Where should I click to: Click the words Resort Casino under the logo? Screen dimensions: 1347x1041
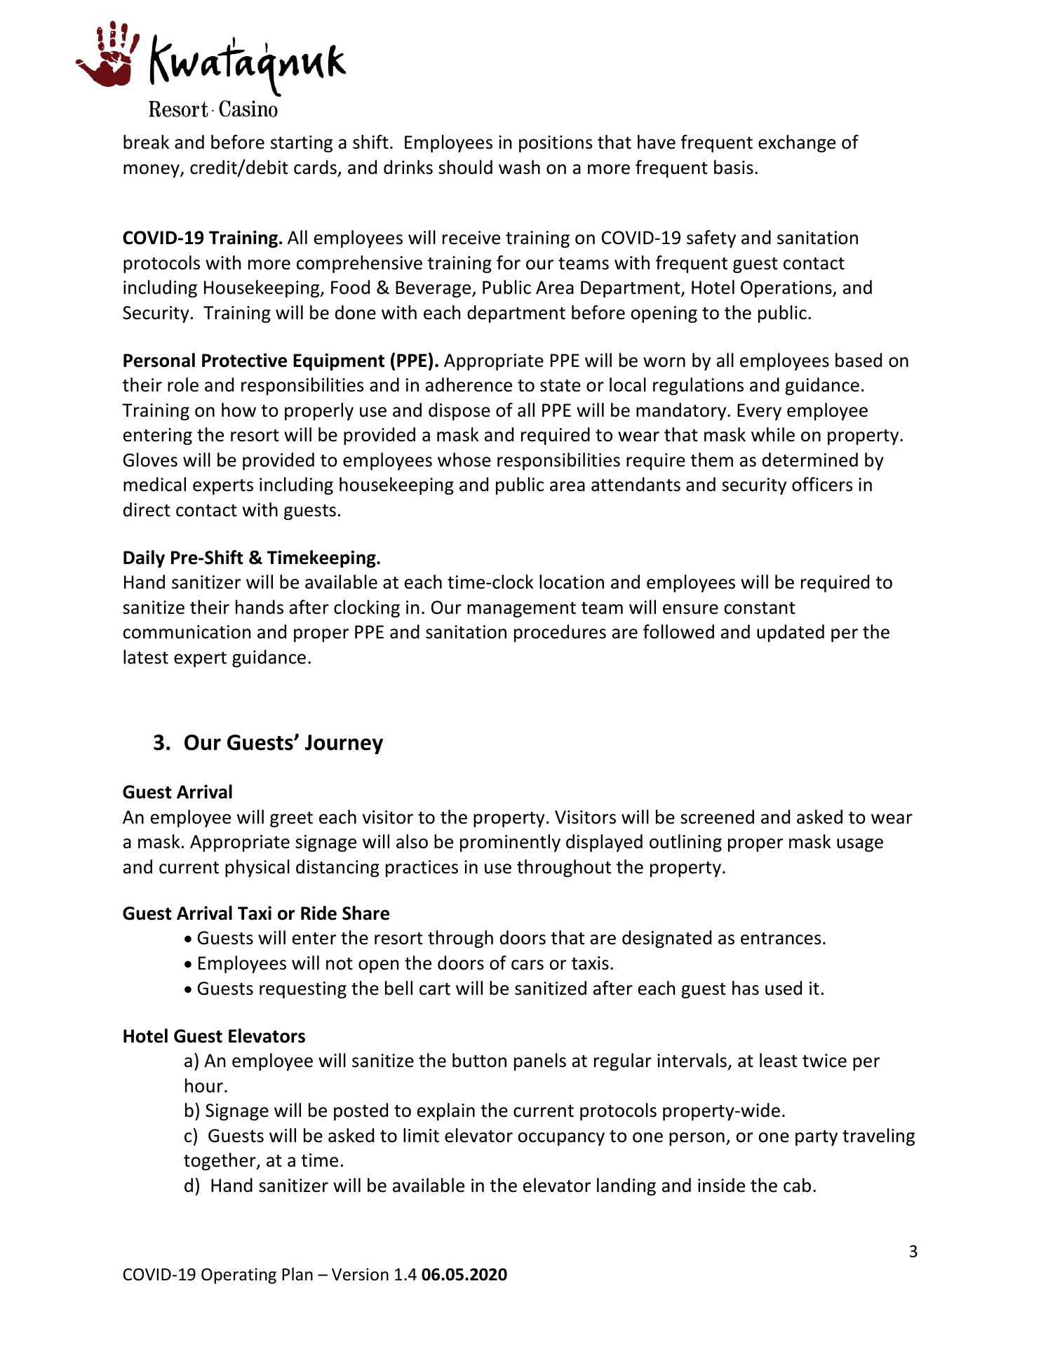[213, 109]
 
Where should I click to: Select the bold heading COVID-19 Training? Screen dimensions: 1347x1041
[202, 238]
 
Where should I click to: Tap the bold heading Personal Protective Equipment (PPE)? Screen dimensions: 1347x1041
[281, 361]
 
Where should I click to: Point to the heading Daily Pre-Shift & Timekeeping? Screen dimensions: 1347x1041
[251, 558]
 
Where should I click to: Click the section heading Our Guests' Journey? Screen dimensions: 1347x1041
[283, 743]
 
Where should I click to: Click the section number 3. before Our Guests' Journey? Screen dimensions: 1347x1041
[162, 743]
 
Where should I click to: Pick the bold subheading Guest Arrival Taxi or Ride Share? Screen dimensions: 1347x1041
[256, 913]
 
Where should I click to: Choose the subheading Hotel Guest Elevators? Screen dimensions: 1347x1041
[214, 1036]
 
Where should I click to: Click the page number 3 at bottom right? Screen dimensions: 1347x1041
[913, 1252]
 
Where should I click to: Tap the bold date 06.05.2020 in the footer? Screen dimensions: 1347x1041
[464, 1275]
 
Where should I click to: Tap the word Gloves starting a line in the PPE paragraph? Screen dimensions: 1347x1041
[149, 460]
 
